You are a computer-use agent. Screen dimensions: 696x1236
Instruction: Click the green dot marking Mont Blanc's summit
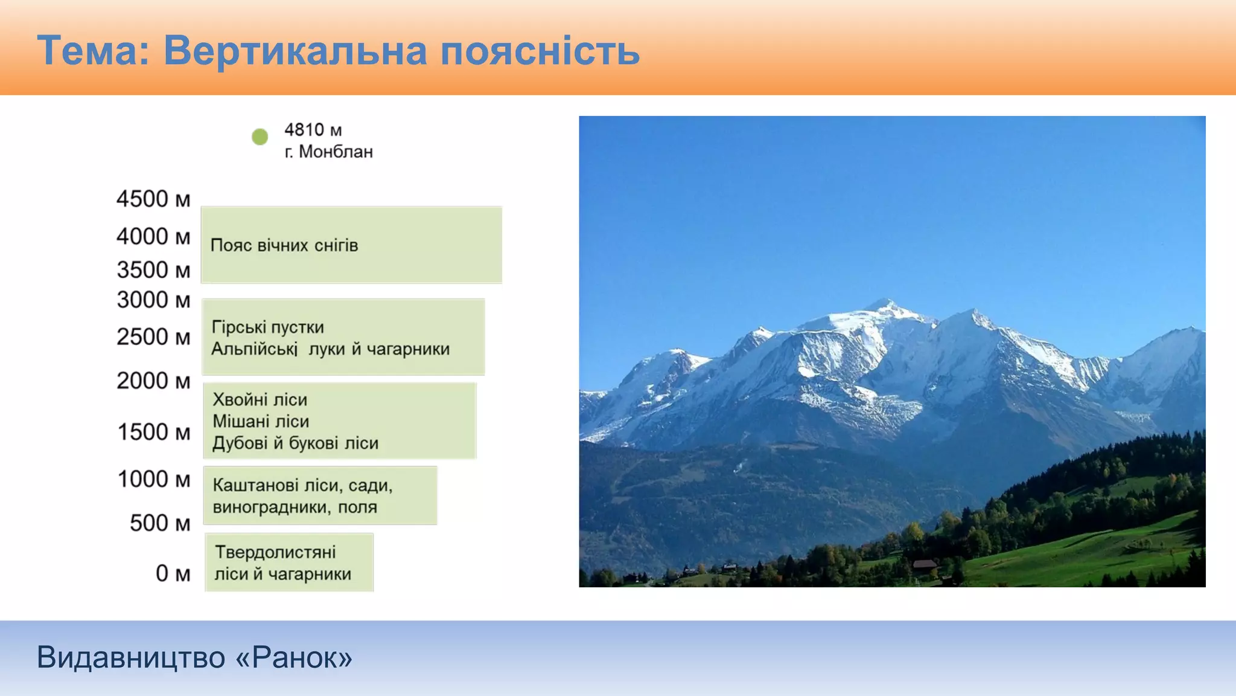coord(260,137)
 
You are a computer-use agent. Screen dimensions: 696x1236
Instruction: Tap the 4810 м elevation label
coord(313,130)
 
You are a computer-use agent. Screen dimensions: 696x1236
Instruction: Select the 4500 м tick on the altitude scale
coord(153,199)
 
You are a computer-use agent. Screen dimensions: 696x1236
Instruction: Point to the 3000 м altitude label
coord(153,300)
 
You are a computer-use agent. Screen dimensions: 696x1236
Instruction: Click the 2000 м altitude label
coord(153,381)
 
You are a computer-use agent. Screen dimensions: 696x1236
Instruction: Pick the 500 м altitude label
coord(160,523)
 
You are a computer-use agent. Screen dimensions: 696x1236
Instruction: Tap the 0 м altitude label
coord(173,573)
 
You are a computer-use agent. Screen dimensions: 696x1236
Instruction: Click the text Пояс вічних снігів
coord(284,245)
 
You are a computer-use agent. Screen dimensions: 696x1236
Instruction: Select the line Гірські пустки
coord(267,327)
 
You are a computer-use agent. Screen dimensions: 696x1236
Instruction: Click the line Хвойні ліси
coord(260,399)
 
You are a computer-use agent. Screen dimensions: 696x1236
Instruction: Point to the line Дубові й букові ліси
coord(295,443)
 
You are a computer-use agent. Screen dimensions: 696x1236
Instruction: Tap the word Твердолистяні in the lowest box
coord(275,552)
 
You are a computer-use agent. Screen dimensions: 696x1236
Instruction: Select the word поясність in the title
coord(540,51)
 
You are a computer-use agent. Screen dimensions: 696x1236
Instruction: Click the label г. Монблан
coord(329,152)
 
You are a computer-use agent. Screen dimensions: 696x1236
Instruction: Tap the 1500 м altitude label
coord(154,432)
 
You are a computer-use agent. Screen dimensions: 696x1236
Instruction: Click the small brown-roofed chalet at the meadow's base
coord(924,565)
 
